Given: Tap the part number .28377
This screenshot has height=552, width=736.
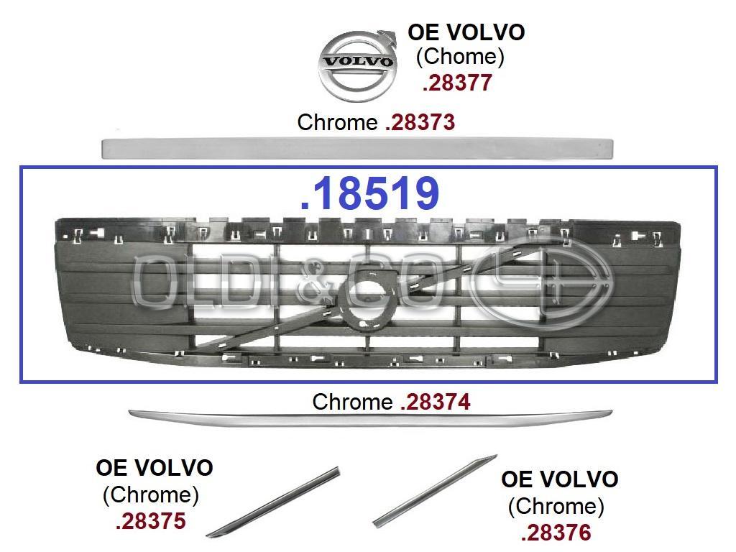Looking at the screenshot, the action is click(457, 83).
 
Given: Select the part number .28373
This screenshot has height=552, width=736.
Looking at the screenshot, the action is click(420, 122).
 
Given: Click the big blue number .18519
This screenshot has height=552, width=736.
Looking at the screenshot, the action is click(369, 193).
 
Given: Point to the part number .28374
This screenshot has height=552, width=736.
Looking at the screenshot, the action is click(436, 402).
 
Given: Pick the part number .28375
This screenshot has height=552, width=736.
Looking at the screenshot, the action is click(151, 522).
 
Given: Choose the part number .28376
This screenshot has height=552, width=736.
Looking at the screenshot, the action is click(556, 533).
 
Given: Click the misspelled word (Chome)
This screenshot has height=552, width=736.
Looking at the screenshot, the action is click(460, 57).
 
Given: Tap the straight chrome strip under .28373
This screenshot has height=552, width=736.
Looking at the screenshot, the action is click(358, 148).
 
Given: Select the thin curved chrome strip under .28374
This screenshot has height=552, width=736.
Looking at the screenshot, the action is click(370, 418).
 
